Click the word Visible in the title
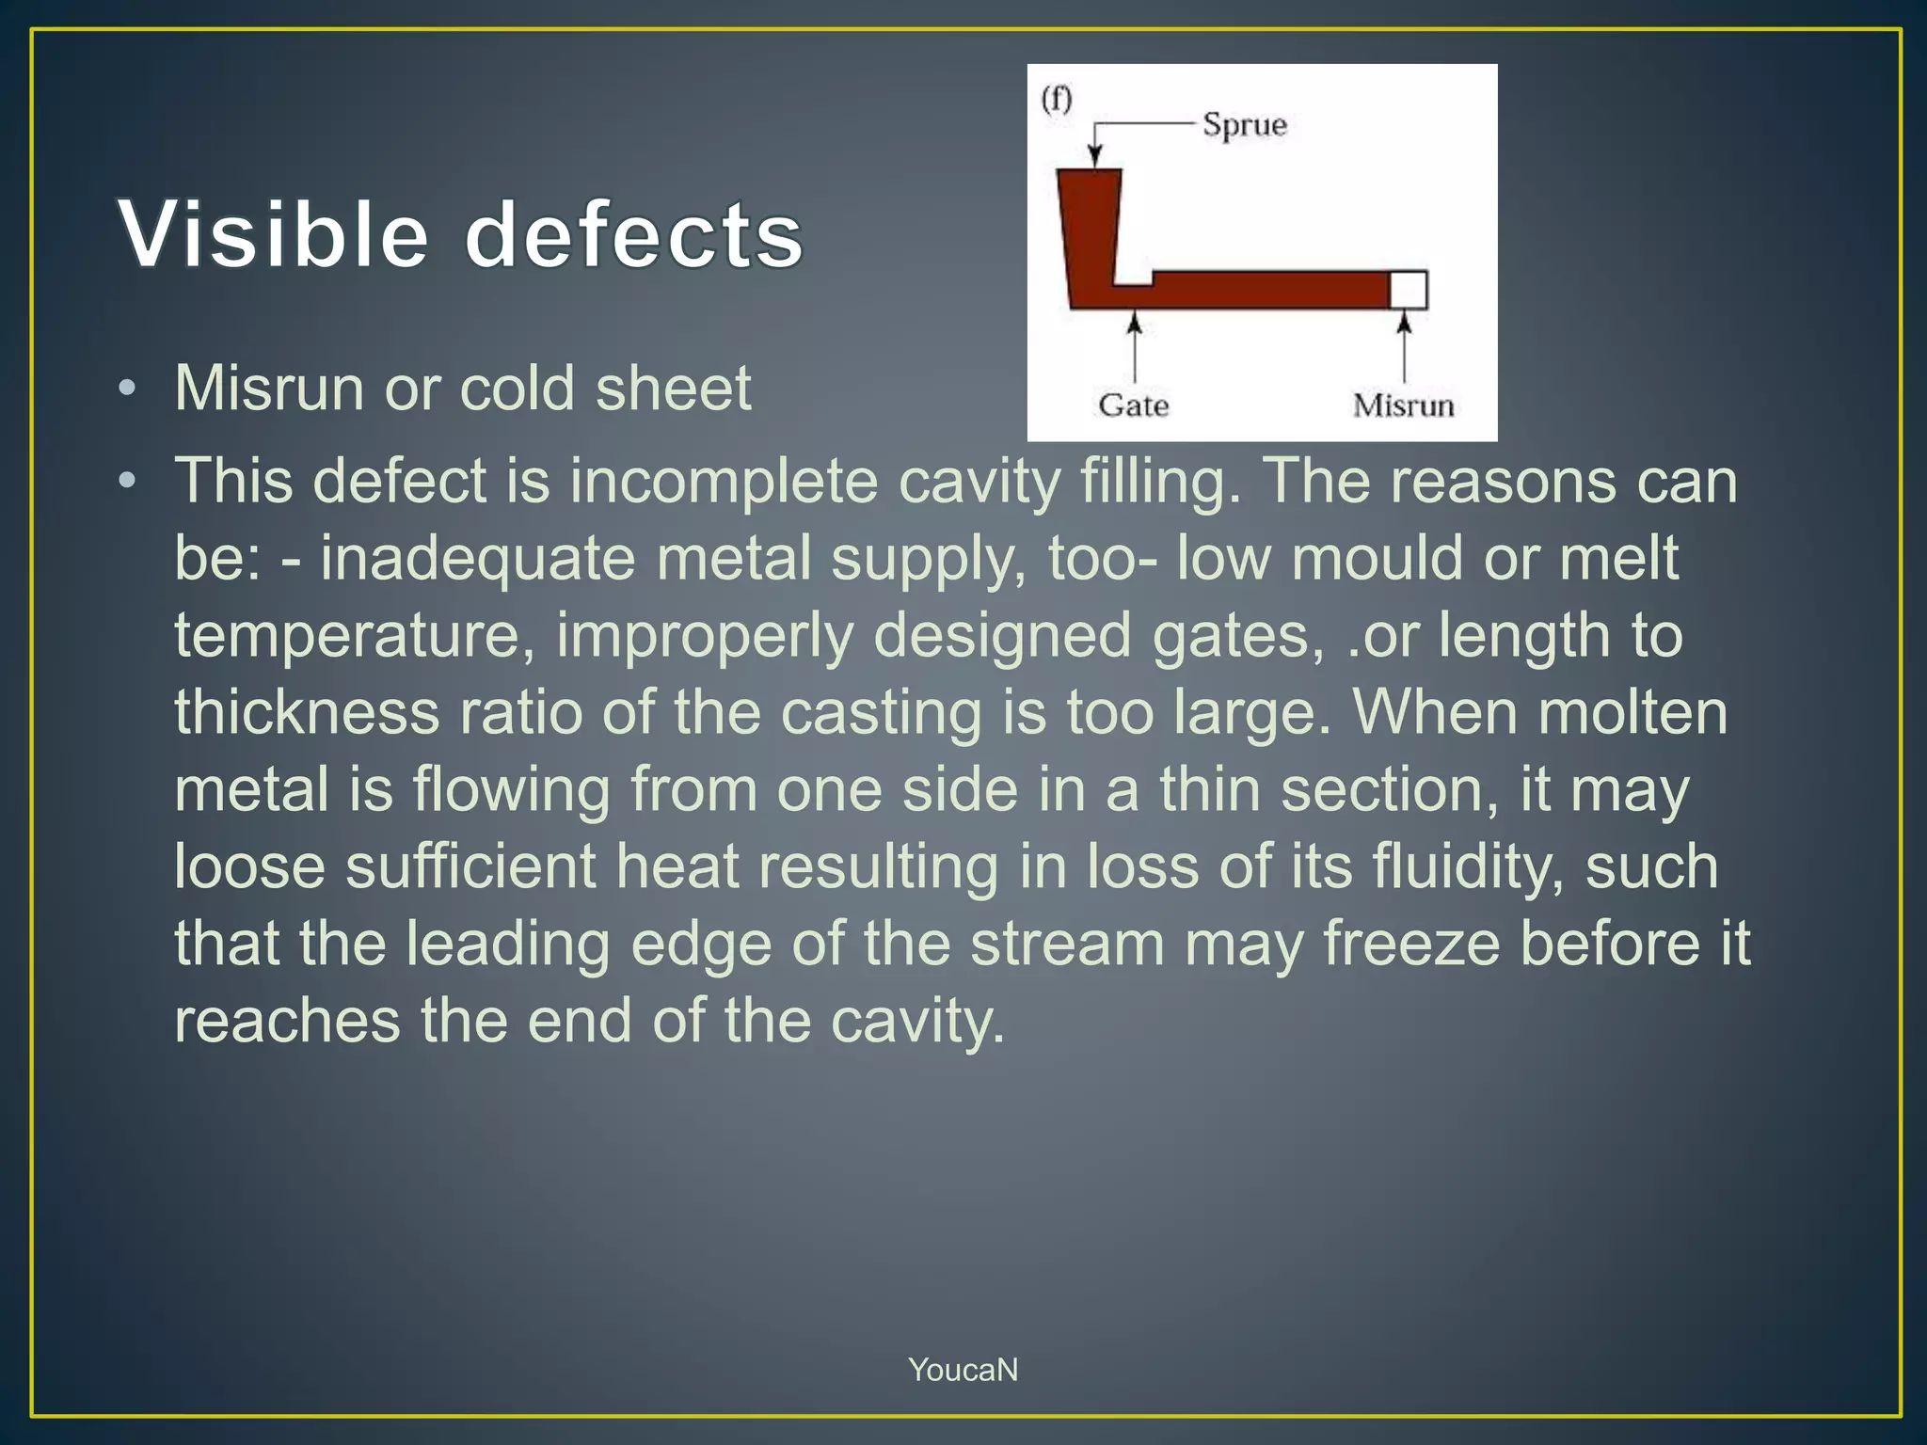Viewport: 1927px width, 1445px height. point(274,234)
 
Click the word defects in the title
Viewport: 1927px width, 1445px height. point(634,234)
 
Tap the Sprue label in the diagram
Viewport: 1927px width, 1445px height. point(1244,125)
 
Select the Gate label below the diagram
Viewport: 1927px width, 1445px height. point(1134,405)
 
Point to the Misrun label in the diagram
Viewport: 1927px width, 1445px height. point(1403,405)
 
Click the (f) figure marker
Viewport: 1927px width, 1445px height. point(1057,98)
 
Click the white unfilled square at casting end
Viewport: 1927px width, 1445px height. point(1409,290)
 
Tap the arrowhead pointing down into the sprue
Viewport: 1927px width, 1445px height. point(1094,158)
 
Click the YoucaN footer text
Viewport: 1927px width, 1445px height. point(963,1370)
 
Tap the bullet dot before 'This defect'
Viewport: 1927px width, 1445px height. point(128,482)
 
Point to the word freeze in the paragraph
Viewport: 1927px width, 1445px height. point(1411,943)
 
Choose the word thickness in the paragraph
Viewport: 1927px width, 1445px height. point(307,712)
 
